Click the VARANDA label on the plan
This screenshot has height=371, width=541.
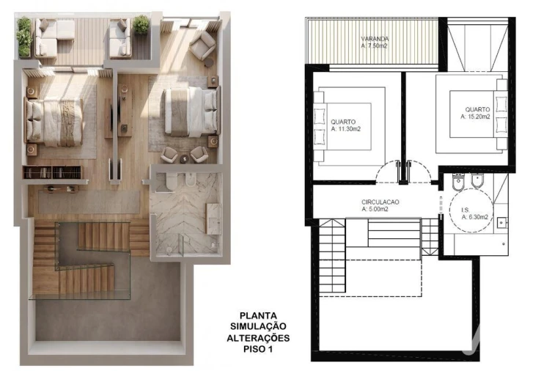pyautogui.click(x=375, y=39)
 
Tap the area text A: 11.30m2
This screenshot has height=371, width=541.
pyautogui.click(x=345, y=129)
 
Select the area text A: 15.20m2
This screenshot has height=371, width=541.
pyautogui.click(x=475, y=117)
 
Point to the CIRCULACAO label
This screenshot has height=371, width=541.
pyautogui.click(x=380, y=202)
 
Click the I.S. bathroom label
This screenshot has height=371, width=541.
pyautogui.click(x=465, y=210)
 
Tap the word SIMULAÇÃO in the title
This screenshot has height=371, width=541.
pyautogui.click(x=258, y=326)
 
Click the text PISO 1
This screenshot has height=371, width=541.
pyautogui.click(x=258, y=349)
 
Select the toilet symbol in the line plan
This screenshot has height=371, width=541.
pyautogui.click(x=458, y=183)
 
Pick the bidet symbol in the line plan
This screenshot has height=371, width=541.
pyautogui.click(x=477, y=181)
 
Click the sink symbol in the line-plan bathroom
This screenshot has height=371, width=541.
pyautogui.click(x=502, y=223)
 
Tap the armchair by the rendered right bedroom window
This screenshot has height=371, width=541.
pyautogui.click(x=203, y=45)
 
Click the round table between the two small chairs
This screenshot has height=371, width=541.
pyautogui.click(x=184, y=158)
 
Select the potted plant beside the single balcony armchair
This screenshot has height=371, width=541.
pyautogui.click(x=141, y=24)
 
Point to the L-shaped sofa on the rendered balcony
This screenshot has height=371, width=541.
pyautogui.click(x=54, y=37)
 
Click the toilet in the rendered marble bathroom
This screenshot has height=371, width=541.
pyautogui.click(x=172, y=181)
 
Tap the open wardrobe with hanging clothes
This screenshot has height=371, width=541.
pyautogui.click(x=53, y=172)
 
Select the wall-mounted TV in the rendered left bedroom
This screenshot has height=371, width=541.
pyautogui.click(x=111, y=118)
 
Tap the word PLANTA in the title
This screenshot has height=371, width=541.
pyautogui.click(x=258, y=315)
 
